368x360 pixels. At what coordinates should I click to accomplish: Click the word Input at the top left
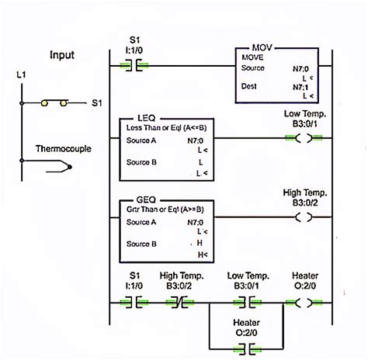pos(62,55)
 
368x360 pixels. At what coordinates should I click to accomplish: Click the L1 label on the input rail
pos(21,74)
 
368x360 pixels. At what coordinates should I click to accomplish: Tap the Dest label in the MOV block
pos(251,85)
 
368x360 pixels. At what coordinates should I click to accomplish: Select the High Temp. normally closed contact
pos(181,299)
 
